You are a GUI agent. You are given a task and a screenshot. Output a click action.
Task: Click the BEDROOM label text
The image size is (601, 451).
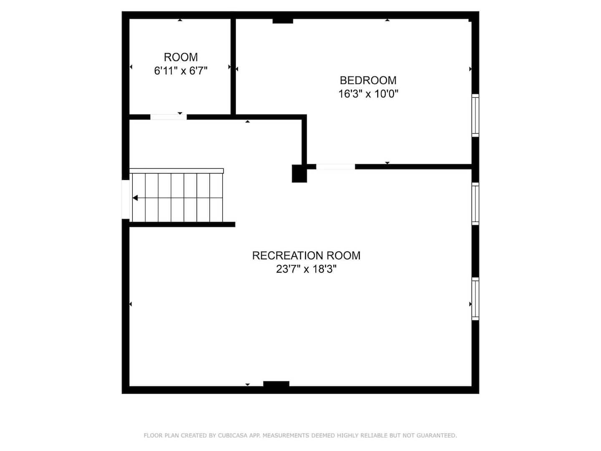pos(368,81)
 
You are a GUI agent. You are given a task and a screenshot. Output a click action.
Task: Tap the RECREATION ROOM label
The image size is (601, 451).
pos(306,256)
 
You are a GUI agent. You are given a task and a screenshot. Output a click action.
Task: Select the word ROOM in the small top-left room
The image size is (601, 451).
pos(181,57)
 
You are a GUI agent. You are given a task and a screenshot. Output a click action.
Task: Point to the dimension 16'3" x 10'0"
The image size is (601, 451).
pos(368,94)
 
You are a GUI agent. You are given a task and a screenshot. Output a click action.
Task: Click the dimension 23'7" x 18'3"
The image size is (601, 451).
pos(306,269)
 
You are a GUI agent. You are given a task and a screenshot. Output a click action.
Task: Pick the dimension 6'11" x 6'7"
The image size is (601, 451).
pos(181,71)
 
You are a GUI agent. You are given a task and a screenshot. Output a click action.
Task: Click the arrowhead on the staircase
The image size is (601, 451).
pos(135,198)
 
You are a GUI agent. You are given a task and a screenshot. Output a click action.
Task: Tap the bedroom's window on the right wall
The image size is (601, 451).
pos(475,115)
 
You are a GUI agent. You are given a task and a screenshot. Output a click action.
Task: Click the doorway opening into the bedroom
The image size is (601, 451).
pos(336,167)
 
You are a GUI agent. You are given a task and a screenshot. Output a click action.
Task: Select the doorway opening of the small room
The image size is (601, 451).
pos(168,117)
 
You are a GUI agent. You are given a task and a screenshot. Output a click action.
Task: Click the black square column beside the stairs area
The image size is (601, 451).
pos(299,173)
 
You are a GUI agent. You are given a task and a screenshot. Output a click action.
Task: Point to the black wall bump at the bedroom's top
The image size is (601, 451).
pos(283,21)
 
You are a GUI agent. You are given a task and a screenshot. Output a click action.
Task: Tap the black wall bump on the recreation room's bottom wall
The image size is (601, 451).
pos(276,384)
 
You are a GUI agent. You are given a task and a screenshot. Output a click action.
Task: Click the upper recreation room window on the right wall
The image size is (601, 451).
pos(475,204)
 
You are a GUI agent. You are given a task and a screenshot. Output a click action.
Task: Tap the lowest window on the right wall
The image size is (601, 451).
pos(475,299)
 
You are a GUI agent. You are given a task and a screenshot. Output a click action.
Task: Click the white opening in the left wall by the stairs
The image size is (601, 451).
pos(126,199)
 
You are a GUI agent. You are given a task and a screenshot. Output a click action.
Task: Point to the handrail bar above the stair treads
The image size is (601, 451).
pos(177,171)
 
